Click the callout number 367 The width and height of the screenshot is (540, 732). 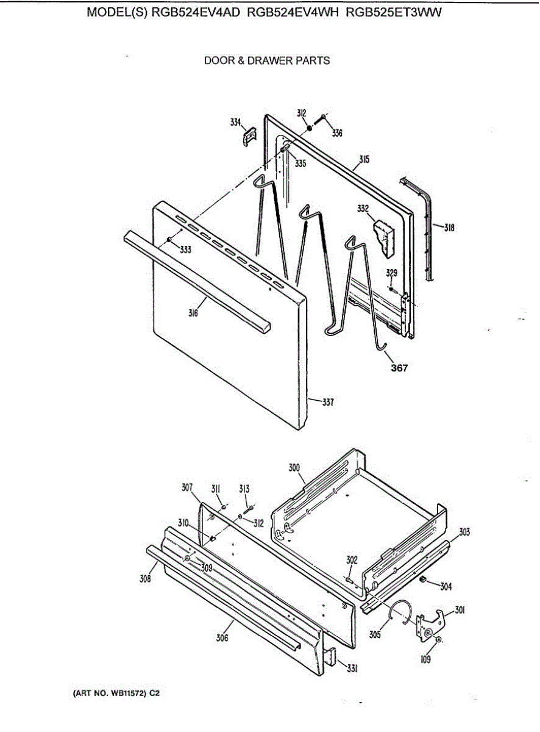point(400,368)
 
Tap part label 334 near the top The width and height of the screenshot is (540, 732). point(235,122)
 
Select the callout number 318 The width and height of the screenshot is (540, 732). point(449,228)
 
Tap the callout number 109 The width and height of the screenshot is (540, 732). point(425,659)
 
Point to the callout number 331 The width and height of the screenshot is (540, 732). point(352,669)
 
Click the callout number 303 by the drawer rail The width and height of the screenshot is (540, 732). point(464,533)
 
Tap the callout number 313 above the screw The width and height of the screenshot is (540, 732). point(244,489)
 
